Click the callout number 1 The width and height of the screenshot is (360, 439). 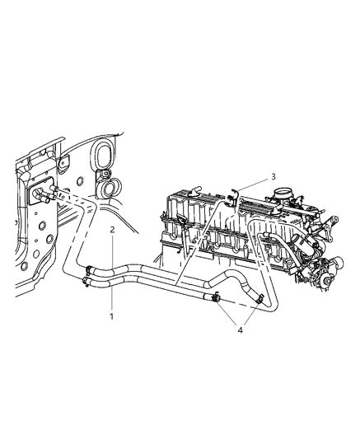112,315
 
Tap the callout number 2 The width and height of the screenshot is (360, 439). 112,231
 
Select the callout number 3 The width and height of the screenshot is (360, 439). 273,176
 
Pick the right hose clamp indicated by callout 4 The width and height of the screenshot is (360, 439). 259,299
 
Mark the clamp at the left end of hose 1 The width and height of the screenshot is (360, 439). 86,283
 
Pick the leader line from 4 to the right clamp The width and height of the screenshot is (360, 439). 249,314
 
